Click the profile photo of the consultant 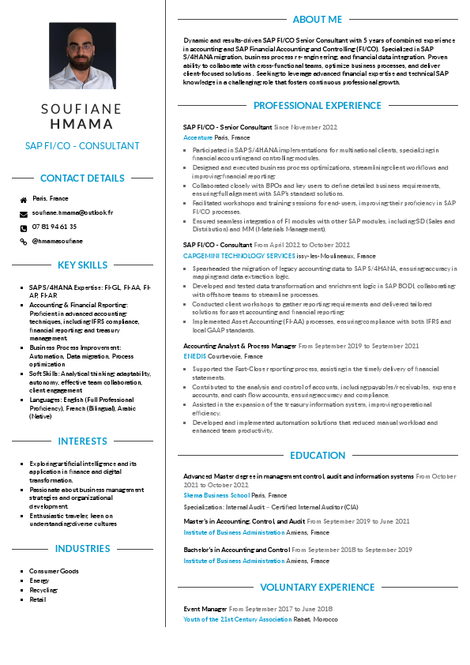coord(82,55)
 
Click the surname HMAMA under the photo coord(82,124)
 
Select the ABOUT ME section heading coord(317,19)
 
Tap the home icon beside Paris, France coord(24,200)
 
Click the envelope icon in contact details coord(24,214)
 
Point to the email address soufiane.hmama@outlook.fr coord(73,212)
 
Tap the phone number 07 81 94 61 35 coord(55,227)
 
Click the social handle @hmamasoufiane coord(57,241)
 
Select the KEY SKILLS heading coord(82,265)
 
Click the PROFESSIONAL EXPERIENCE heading coord(317,106)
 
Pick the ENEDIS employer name coord(195,356)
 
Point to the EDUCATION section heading coord(318,456)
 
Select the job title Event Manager coord(205,609)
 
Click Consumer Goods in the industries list coord(54,571)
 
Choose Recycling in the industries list coord(43,590)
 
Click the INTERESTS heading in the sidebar coord(82,441)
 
